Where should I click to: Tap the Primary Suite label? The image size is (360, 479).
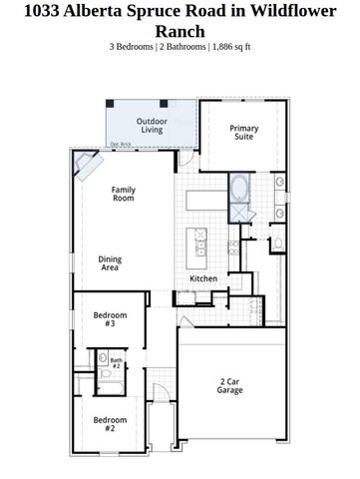coord(244,132)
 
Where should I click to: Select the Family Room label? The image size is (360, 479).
coord(123,194)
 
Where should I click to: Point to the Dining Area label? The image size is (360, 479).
coord(110,263)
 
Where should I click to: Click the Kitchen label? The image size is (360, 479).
coord(204,278)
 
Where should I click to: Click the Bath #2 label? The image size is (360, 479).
coord(116,363)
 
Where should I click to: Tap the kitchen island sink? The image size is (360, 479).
coord(199,241)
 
